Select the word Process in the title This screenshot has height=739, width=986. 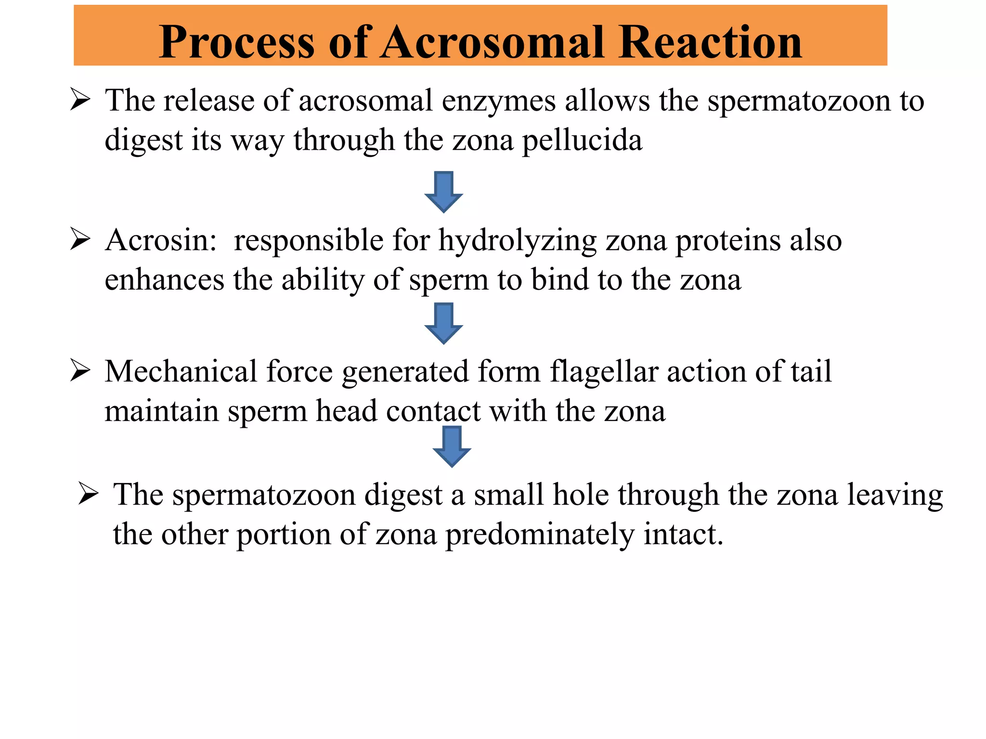[236, 43]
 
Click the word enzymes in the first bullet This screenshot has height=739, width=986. [499, 101]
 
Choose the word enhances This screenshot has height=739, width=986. [164, 280]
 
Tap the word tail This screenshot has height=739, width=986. [811, 371]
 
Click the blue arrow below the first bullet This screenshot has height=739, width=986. [443, 191]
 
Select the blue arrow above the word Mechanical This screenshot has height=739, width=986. [443, 323]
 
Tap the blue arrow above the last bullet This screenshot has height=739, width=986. [452, 446]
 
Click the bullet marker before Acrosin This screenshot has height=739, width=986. [80, 240]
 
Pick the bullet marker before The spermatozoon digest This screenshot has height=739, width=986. [88, 494]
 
